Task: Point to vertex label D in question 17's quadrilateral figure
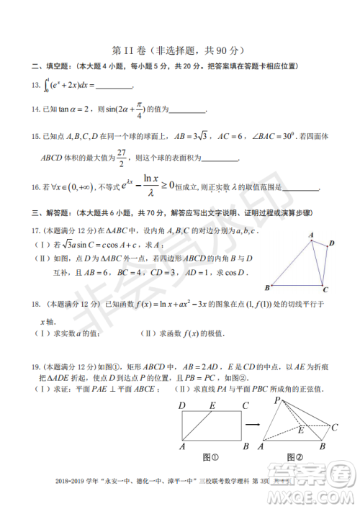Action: tap(331, 243)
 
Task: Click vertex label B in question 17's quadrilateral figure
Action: tap(267, 287)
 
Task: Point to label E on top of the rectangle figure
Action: tap(212, 405)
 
